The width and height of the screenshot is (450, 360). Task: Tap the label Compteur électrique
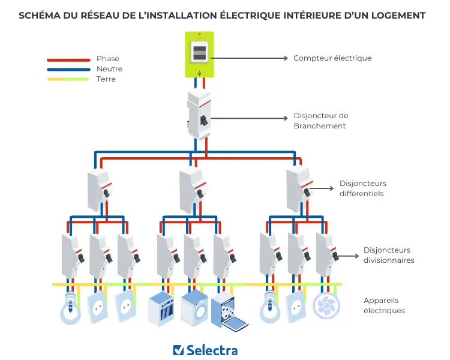pos(332,58)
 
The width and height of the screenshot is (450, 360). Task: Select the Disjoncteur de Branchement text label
pos(320,121)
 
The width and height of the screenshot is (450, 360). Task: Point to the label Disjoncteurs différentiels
pos(362,188)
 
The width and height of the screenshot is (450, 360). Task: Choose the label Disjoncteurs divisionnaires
pos(388,255)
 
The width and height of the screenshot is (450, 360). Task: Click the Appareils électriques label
pos(384,305)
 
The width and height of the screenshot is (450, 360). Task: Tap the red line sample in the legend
pos(68,59)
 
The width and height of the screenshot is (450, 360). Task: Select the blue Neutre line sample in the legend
pos(68,69)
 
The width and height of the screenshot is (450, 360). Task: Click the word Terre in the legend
pos(106,79)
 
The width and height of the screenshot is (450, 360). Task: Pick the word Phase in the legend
pos(108,59)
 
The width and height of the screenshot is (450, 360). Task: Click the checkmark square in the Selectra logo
pos(178,350)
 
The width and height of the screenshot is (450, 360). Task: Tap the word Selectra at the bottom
pos(212,350)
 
